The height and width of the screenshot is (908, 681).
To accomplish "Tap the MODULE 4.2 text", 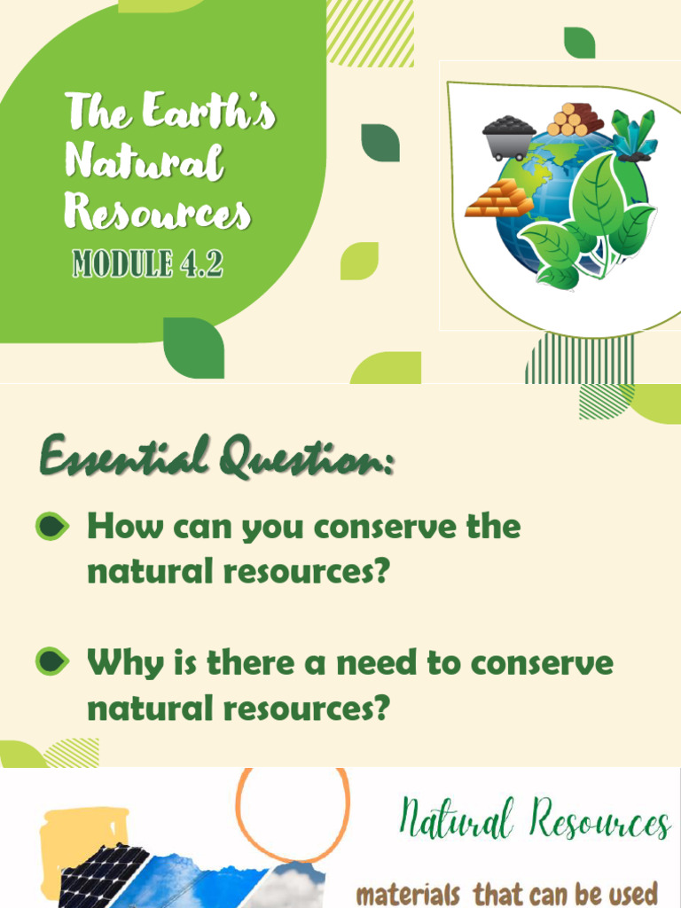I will click(x=146, y=263).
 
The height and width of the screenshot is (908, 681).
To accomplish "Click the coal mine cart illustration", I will click(x=509, y=137).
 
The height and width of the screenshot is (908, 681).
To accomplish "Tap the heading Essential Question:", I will click(x=216, y=459).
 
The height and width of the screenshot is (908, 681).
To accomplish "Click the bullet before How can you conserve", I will click(x=52, y=527).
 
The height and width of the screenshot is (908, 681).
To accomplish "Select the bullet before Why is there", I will click(x=52, y=661).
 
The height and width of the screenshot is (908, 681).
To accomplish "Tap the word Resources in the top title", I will click(x=158, y=213).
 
